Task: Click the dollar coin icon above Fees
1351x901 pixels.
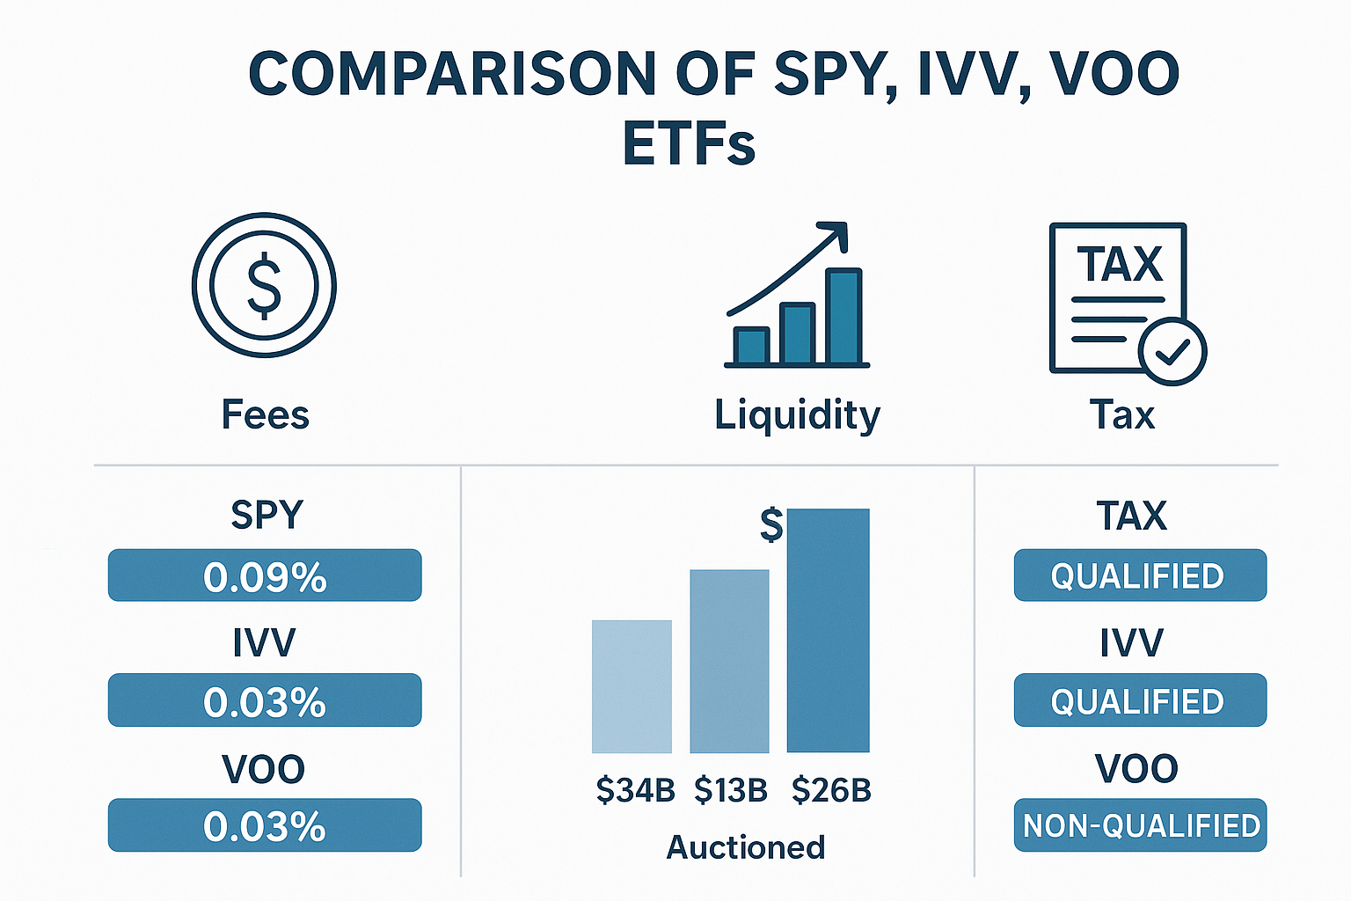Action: coord(264,285)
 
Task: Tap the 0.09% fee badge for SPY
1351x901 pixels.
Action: coord(265,576)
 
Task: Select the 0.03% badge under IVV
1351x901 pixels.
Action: coord(265,700)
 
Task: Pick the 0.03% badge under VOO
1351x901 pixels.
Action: coord(265,825)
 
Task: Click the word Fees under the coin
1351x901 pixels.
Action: coord(265,414)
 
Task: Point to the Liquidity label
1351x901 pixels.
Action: coord(797,415)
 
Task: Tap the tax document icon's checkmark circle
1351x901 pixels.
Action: coord(1172,350)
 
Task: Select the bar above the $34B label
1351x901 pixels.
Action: coord(632,686)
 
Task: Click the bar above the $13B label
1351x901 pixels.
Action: coord(729,662)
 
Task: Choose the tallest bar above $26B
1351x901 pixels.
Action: coord(828,630)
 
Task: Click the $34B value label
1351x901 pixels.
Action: coord(635,790)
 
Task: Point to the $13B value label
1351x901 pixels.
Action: coord(731,790)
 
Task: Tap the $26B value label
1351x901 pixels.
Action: coord(831,790)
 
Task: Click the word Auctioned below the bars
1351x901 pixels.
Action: coord(746,847)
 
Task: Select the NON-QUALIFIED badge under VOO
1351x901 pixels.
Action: coord(1141,825)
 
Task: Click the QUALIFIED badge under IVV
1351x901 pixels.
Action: coord(1140,700)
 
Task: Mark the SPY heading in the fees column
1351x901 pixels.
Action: coord(267,515)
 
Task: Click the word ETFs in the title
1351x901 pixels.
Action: coord(689,143)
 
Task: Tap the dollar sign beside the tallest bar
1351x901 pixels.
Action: coord(771,524)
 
